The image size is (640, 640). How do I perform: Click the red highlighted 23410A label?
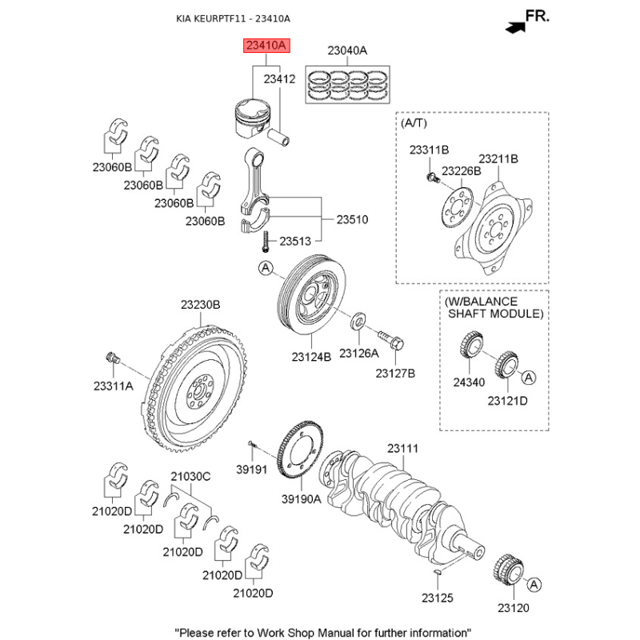coord(264,46)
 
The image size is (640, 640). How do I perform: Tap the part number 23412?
coord(280,79)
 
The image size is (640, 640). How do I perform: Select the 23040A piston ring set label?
coord(347,50)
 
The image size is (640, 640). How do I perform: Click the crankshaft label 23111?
coord(402,450)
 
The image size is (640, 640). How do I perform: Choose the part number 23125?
coord(438,598)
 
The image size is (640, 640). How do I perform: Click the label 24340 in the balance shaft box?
coord(469,382)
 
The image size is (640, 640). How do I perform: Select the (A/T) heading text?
coord(413,125)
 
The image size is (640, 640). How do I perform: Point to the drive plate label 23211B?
coord(498,159)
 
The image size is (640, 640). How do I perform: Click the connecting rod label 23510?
coord(352,218)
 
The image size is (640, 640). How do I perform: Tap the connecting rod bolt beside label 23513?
coord(265,240)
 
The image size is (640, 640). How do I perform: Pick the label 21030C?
coord(190,477)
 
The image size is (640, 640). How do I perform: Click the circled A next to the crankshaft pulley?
coord(266,269)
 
